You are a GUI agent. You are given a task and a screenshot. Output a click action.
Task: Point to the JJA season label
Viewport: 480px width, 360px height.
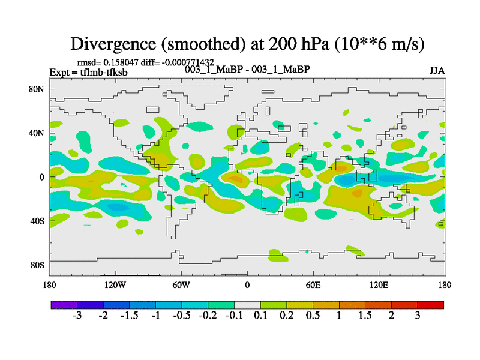[x=437, y=70]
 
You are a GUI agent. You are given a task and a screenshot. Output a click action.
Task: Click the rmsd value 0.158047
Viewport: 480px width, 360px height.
[x=123, y=62]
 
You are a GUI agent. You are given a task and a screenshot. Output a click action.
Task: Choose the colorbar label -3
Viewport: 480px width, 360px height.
[x=77, y=316]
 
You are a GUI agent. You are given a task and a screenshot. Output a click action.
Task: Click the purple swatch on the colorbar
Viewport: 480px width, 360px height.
[x=64, y=305]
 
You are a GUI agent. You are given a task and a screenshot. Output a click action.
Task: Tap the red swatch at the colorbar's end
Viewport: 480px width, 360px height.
[x=431, y=305]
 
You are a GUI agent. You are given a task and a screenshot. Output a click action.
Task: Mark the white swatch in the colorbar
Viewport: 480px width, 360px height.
[x=247, y=305]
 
